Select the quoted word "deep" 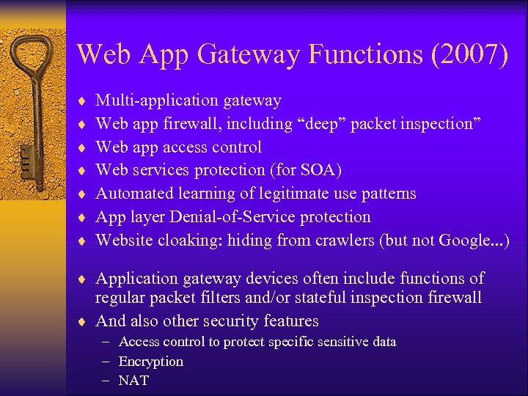pos(316,124)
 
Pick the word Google pos(464,241)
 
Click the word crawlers pos(346,241)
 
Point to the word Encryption pos(151,362)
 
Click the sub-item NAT pos(133,381)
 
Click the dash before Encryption pos(106,362)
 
